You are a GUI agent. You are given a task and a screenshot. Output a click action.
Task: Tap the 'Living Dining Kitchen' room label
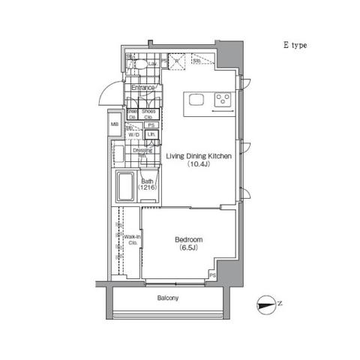[x=197, y=156]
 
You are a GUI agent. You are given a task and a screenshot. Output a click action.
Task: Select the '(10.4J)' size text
[x=197, y=165]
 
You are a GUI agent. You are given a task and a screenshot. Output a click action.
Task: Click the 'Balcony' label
[x=168, y=298]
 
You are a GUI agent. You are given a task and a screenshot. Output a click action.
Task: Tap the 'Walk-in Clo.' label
[x=132, y=240]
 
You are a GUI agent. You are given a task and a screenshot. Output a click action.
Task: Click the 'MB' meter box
[x=115, y=125]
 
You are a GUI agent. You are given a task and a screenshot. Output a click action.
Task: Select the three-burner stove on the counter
[x=223, y=99]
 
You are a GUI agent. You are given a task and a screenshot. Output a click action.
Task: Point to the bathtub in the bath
[x=125, y=187]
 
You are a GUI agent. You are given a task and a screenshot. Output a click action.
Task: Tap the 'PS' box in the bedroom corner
[x=212, y=276]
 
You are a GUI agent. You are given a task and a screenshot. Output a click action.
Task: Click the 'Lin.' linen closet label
[x=151, y=135]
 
